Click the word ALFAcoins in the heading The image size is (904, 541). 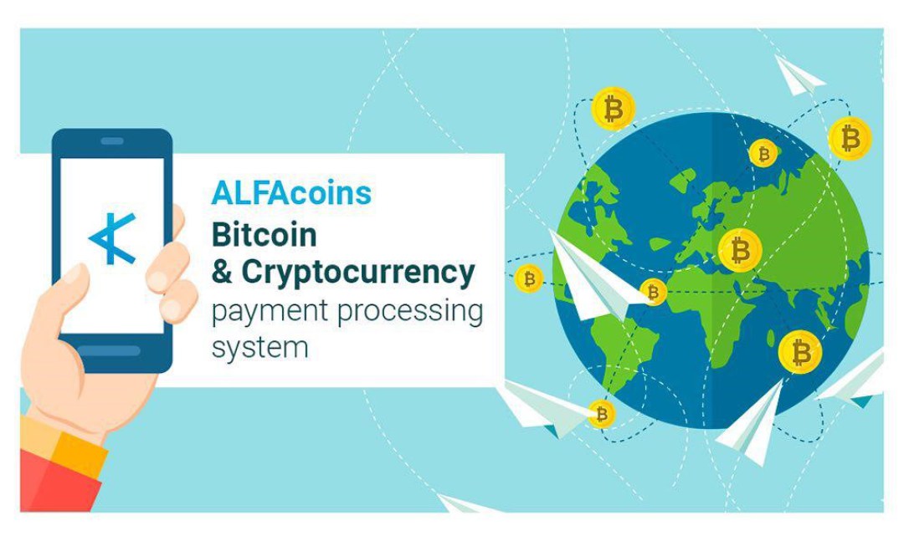292,193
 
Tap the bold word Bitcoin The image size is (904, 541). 264,235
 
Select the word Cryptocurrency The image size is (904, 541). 358,273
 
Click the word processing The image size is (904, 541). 410,312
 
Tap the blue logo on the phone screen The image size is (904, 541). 112,238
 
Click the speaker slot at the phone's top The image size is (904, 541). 112,141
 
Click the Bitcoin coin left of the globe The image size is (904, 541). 529,278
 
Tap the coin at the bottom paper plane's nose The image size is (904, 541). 601,414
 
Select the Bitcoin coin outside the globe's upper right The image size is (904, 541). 850,139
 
